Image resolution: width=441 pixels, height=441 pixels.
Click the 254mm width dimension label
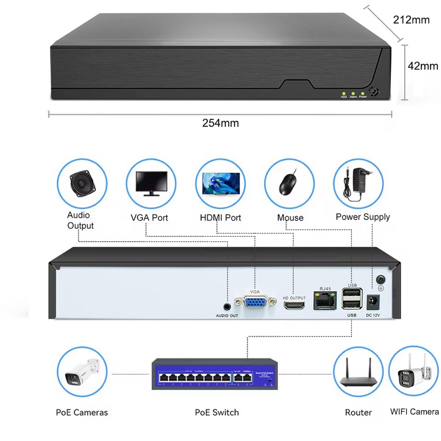[220, 123]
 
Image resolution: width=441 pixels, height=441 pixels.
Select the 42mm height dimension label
[422, 66]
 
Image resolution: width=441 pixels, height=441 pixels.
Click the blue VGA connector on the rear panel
[255, 303]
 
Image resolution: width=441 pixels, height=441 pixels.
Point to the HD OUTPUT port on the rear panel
[294, 305]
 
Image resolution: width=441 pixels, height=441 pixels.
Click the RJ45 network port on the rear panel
[325, 301]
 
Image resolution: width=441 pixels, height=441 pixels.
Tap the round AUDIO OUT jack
[227, 306]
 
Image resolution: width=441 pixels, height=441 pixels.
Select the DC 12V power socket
[373, 302]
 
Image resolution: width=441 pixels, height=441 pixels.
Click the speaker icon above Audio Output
[82, 183]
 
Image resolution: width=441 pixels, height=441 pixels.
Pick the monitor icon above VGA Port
[151, 183]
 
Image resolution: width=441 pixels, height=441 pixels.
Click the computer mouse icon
[289, 183]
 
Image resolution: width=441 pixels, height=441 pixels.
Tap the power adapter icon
[358, 183]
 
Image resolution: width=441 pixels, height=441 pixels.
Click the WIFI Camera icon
[414, 374]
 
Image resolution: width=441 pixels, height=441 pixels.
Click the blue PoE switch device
[216, 374]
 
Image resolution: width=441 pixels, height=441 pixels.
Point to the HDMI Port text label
[220, 217]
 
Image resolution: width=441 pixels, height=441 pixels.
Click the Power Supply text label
[363, 217]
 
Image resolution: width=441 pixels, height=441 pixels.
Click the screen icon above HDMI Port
[220, 183]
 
